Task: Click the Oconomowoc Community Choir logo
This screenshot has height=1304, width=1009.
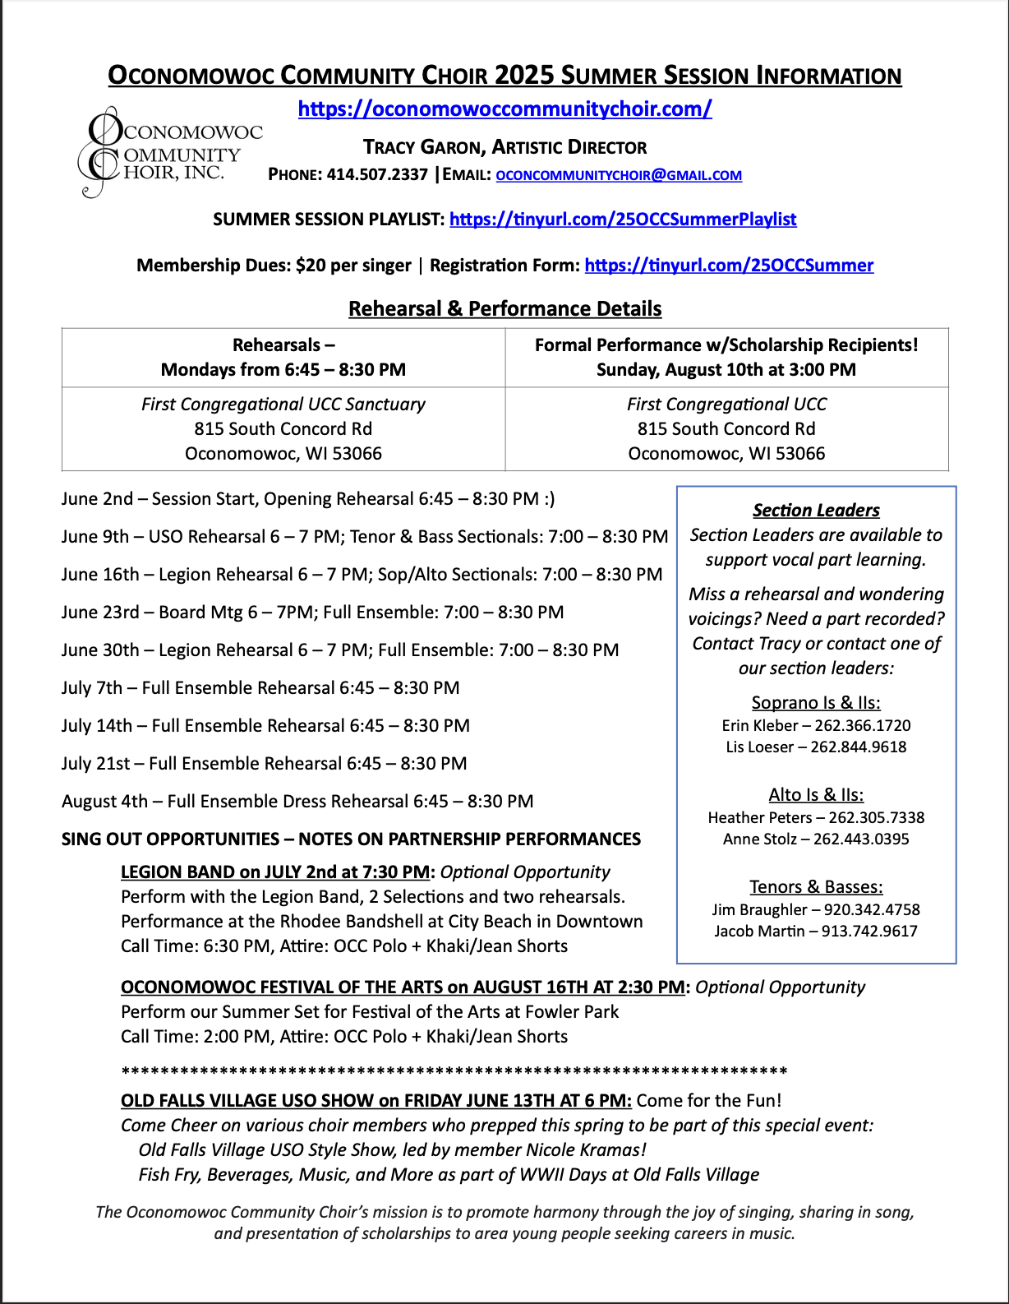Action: click(168, 153)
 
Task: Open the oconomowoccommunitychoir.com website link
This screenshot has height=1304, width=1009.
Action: click(504, 109)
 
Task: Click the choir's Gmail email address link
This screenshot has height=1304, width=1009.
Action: click(619, 175)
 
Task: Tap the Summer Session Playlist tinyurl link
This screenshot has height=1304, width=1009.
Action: click(623, 220)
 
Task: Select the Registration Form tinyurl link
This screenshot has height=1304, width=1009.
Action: click(729, 266)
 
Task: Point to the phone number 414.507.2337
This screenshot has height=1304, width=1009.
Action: click(377, 174)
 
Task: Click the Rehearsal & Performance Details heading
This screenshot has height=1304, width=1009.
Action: click(504, 309)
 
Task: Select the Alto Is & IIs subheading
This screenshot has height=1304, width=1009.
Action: click(816, 795)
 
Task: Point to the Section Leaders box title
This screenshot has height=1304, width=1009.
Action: click(816, 511)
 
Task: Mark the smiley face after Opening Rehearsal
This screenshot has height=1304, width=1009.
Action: click(549, 499)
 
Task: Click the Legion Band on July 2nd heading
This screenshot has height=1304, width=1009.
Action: click(275, 872)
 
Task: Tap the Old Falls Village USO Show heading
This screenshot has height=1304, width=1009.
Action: click(375, 1101)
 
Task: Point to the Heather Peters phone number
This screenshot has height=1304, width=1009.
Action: click(877, 818)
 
